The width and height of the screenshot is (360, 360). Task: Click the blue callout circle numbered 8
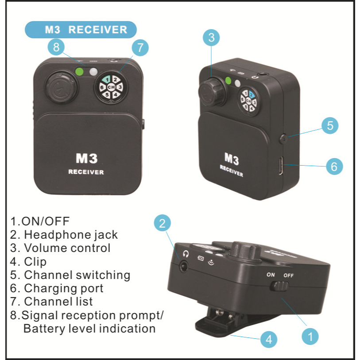[56, 47]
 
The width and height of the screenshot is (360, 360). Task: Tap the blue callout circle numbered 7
[140, 48]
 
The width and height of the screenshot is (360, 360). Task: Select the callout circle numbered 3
[211, 38]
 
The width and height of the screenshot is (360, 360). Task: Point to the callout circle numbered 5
[330, 126]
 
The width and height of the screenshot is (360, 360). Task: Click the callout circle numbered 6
[334, 166]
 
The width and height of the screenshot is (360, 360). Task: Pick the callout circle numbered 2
[163, 223]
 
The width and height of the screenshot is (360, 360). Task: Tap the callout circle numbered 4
[269, 339]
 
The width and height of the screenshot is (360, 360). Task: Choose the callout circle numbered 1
[310, 337]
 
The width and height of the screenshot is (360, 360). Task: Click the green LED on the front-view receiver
[79, 72]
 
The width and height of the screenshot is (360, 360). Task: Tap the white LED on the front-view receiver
[93, 72]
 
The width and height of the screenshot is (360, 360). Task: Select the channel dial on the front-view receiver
[111, 87]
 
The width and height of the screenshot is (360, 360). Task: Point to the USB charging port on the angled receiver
[281, 166]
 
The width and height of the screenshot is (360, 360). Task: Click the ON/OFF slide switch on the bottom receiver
[279, 286]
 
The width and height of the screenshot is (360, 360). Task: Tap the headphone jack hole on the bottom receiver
[184, 266]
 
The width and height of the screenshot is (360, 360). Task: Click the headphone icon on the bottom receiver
[186, 254]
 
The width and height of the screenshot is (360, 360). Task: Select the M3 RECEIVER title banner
[81, 30]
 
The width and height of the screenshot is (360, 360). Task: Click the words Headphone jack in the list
[71, 235]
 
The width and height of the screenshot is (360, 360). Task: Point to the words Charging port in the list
[64, 288]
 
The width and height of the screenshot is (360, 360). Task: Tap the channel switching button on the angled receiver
[283, 139]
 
